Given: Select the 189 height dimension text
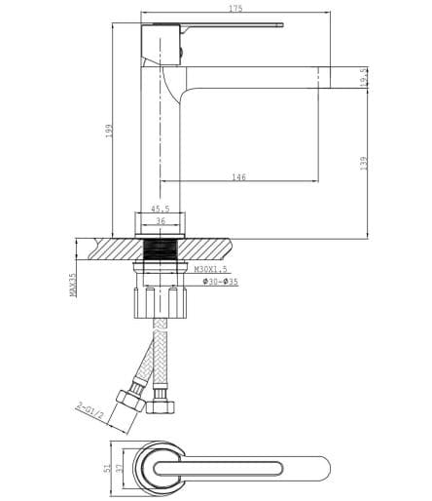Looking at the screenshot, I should click(x=110, y=129).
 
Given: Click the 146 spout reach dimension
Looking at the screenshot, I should click(x=238, y=176).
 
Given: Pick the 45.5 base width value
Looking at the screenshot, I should click(x=161, y=209).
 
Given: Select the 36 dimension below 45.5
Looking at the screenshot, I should click(x=161, y=221).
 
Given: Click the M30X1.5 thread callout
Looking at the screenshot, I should click(x=211, y=269).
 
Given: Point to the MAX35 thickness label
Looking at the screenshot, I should click(x=74, y=284).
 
